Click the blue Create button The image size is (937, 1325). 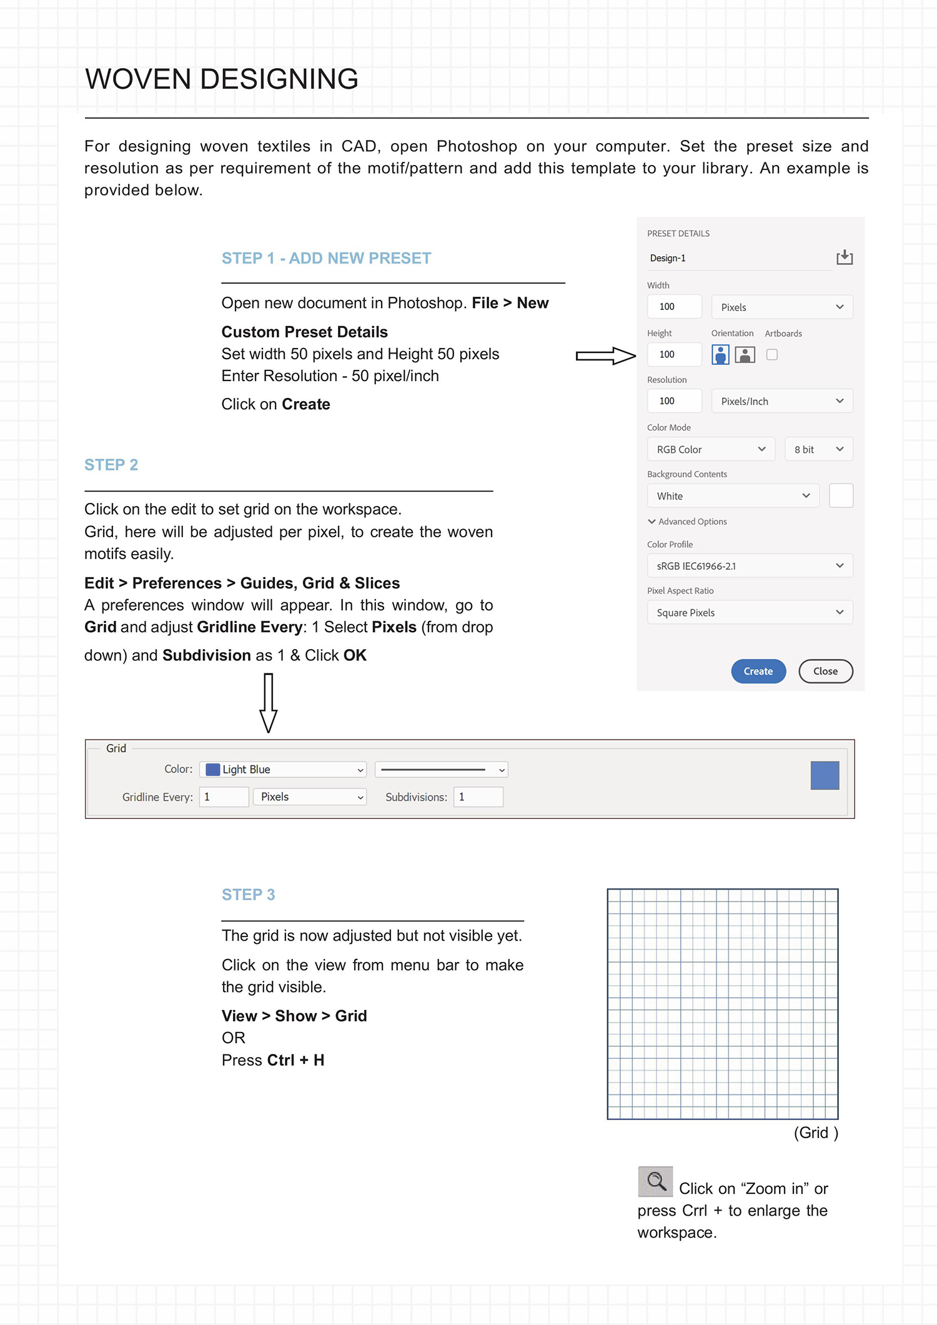758,671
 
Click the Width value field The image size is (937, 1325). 674,307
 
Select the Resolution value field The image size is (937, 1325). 674,401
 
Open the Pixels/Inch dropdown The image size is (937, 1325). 781,401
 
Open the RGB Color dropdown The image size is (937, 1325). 711,449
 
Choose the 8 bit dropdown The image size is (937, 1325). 818,449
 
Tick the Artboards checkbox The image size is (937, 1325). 772,355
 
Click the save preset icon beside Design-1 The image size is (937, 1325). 845,257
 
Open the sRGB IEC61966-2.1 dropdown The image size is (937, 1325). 750,566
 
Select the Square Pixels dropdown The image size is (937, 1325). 750,612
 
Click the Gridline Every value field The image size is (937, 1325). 224,797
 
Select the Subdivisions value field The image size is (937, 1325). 478,797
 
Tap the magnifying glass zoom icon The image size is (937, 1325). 655,1181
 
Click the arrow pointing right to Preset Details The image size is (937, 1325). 605,355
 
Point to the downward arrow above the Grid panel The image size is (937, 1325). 268,703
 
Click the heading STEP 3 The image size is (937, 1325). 248,895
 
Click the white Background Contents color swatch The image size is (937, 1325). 841,495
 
